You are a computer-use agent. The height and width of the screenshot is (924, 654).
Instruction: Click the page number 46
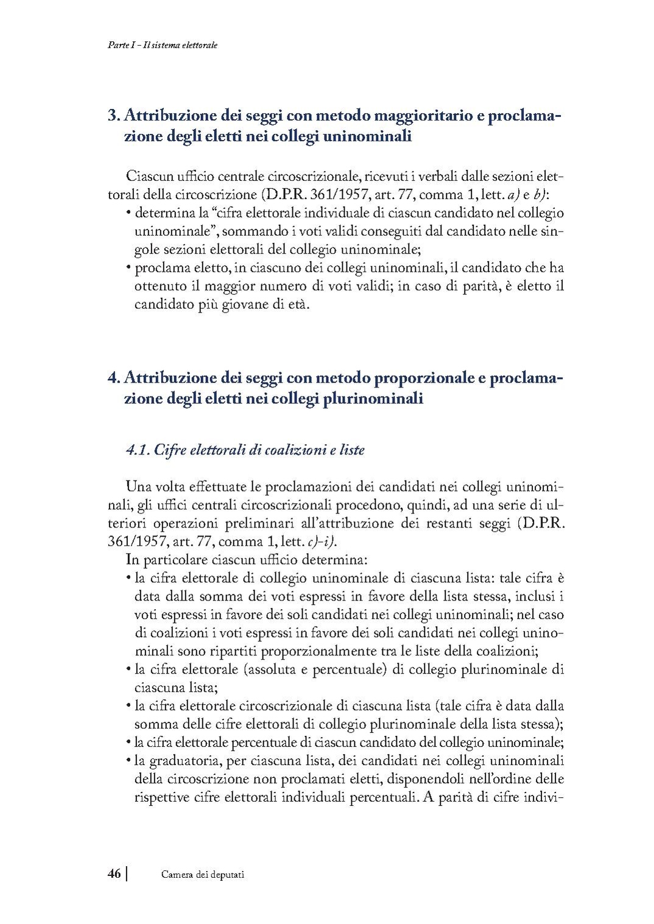(114, 873)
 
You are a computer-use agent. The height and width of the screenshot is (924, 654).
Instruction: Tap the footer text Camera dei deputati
(203, 875)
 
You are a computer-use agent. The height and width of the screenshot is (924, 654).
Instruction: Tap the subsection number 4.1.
(137, 450)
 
